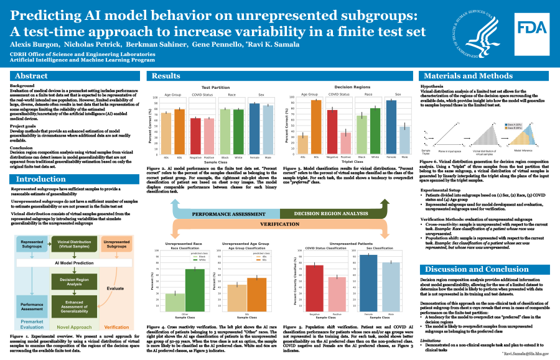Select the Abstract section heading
click(x=31, y=76)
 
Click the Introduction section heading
click(x=41, y=179)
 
